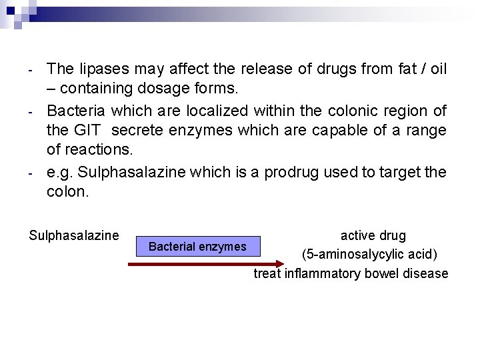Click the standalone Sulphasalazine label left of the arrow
pyautogui.click(x=74, y=235)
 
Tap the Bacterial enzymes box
pyautogui.click(x=197, y=247)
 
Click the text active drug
pyautogui.click(x=373, y=235)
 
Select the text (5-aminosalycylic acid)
pyautogui.click(x=369, y=254)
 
